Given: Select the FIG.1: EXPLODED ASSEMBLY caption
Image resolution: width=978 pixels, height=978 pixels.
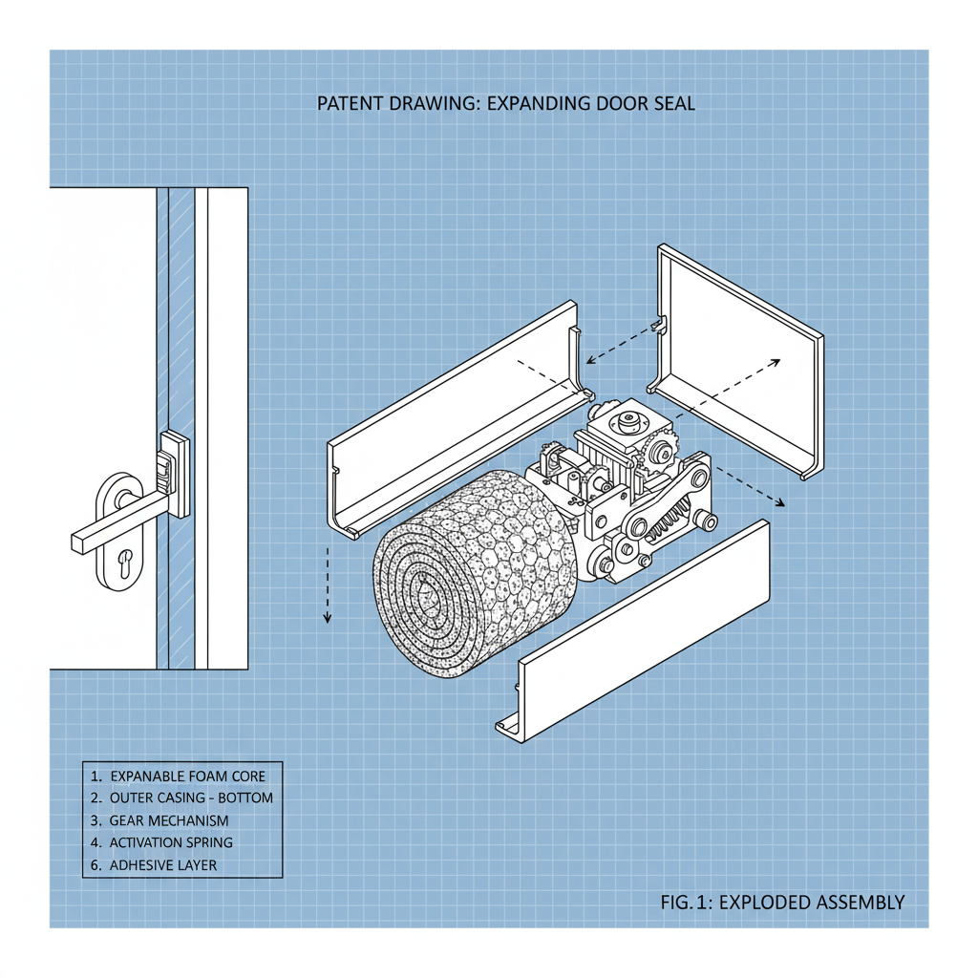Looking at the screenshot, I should [782, 902].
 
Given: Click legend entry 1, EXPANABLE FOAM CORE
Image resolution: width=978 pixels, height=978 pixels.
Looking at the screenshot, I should [187, 776].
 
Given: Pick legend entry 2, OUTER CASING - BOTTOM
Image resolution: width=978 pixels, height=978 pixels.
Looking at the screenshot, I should [191, 797].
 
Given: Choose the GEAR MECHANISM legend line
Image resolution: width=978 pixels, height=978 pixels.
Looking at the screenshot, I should [169, 820].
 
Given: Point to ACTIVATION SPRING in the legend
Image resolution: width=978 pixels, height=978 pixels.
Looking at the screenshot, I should [171, 842].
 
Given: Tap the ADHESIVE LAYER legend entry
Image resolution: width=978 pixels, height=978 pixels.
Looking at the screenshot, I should [162, 865].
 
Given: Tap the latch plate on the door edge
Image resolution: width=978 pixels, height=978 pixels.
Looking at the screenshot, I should [173, 474].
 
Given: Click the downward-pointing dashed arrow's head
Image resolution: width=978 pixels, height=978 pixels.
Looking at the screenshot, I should [328, 615].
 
